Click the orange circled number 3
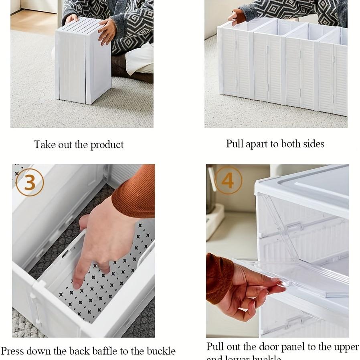coord(30,182)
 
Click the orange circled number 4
coord(228,180)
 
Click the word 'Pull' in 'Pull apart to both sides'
coord(234,144)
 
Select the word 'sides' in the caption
coord(313,144)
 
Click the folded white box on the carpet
coord(82,62)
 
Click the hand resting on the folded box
coord(106,31)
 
